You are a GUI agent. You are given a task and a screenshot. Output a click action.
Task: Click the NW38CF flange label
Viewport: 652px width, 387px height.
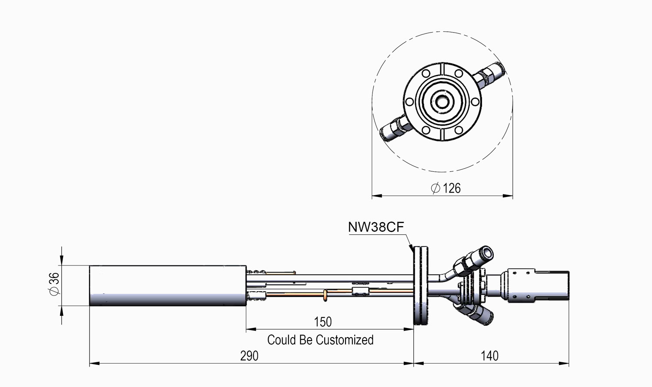point(376,227)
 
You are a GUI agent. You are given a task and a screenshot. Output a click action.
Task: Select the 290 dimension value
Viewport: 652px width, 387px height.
point(249,356)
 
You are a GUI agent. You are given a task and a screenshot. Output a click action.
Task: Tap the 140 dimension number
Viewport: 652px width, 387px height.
point(489,356)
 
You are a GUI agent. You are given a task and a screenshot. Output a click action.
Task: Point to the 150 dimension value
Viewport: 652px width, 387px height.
point(323,322)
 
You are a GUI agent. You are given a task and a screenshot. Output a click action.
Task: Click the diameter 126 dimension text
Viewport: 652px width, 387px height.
point(446,188)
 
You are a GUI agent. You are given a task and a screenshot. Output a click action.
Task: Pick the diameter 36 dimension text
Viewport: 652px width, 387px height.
point(54,284)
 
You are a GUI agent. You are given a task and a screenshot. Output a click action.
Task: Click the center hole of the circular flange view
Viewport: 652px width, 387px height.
point(442,102)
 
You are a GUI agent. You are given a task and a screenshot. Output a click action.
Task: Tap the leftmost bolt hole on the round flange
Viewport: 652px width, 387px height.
point(409,102)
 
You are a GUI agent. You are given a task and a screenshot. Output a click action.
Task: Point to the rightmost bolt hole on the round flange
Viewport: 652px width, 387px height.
point(475,102)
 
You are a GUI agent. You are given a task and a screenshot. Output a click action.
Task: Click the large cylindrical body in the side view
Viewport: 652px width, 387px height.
point(168,285)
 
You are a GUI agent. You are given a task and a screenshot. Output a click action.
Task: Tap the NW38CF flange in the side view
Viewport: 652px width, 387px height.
point(421,285)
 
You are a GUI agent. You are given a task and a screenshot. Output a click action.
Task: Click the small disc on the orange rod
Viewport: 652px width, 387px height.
point(325,295)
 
